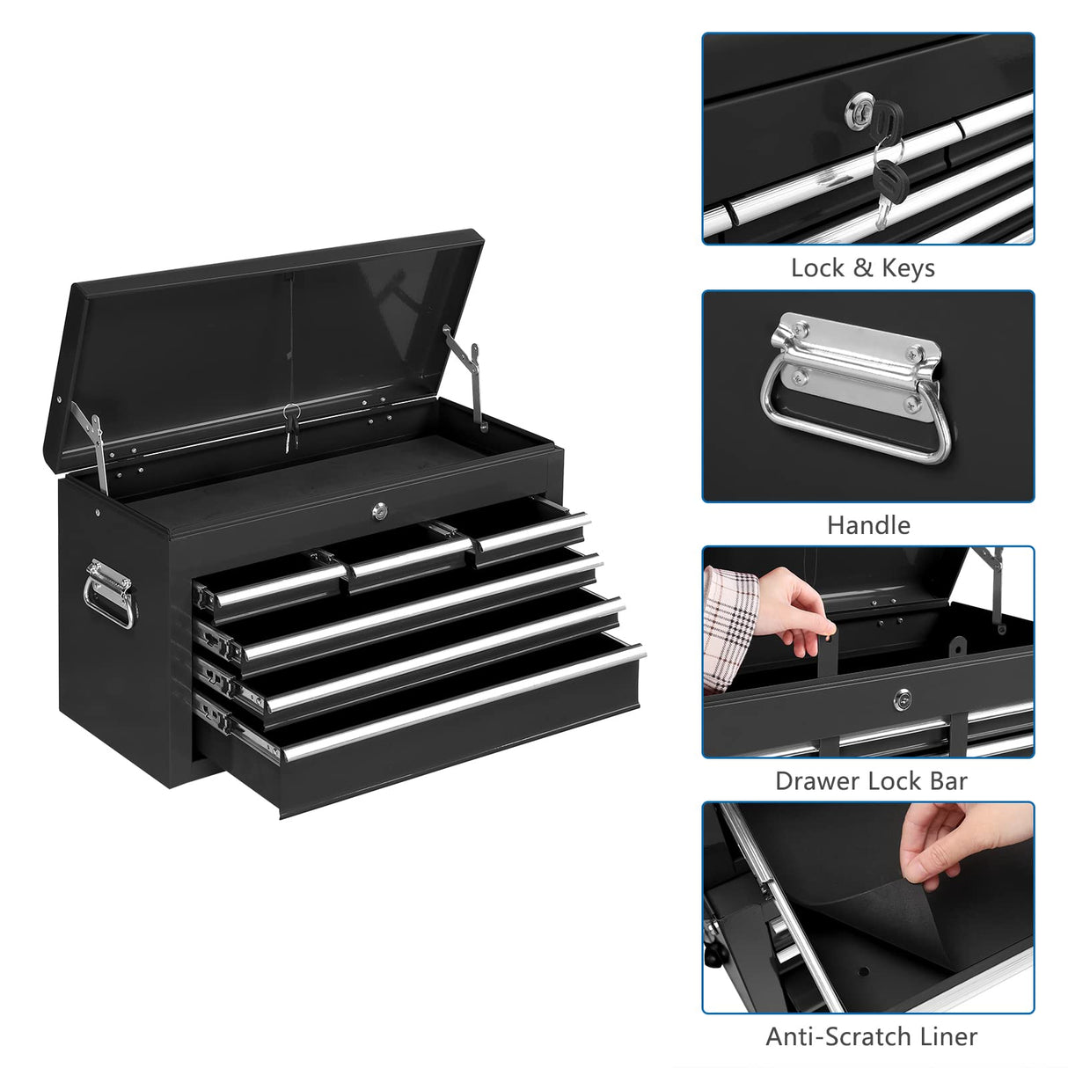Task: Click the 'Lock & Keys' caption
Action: tap(862, 267)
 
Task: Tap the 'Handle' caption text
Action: tap(867, 525)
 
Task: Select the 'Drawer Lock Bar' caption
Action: tap(870, 781)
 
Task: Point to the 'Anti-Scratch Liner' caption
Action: tap(871, 1036)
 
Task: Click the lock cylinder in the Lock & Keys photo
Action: tap(860, 111)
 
